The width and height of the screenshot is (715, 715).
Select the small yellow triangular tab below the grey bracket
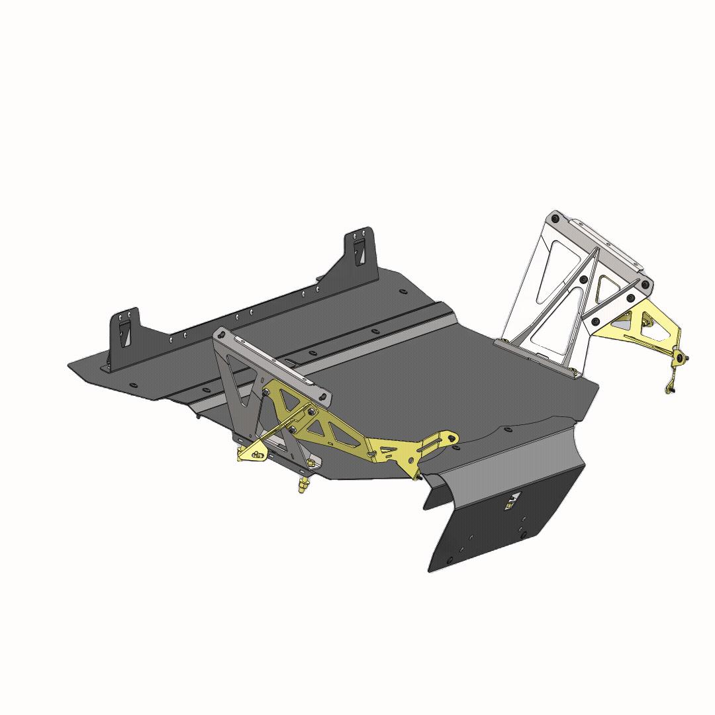253,452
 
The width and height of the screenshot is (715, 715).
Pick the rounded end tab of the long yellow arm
448,438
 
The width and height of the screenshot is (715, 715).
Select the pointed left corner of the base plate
70,364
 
